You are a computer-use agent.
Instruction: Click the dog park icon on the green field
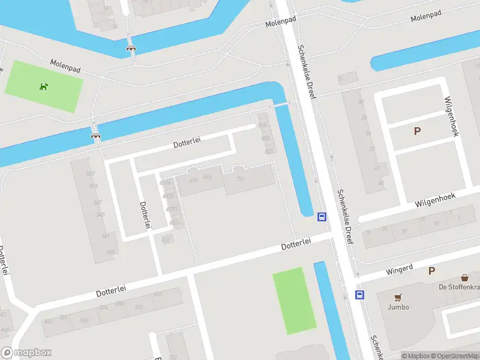(x=43, y=86)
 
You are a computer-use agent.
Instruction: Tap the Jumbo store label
(x=398, y=307)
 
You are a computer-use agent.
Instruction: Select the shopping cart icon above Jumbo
(x=398, y=297)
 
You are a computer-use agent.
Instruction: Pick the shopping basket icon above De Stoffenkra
(x=464, y=277)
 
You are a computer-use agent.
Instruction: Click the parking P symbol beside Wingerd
(x=431, y=271)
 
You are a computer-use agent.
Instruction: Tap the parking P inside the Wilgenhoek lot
(x=417, y=131)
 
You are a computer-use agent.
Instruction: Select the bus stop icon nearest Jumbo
(x=359, y=294)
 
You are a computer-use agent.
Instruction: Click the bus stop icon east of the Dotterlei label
(x=322, y=217)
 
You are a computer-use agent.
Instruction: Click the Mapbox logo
(x=27, y=353)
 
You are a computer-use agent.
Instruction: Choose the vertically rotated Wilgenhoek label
(x=451, y=116)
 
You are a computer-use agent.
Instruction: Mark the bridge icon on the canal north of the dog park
(x=130, y=47)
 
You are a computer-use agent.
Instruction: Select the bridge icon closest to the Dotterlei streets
(x=95, y=136)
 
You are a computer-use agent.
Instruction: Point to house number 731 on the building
(x=241, y=179)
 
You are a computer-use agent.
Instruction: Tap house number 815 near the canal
(x=262, y=125)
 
